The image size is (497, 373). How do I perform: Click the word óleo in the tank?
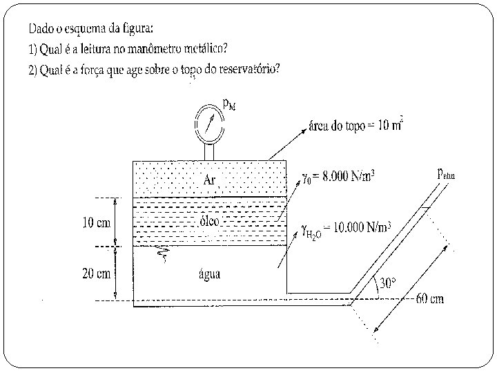coord(208,220)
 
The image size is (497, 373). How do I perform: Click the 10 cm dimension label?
coord(97,222)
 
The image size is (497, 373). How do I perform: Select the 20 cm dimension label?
coord(97,273)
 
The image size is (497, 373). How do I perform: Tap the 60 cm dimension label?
coord(429,299)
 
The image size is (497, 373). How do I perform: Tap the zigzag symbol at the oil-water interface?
coord(163,256)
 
